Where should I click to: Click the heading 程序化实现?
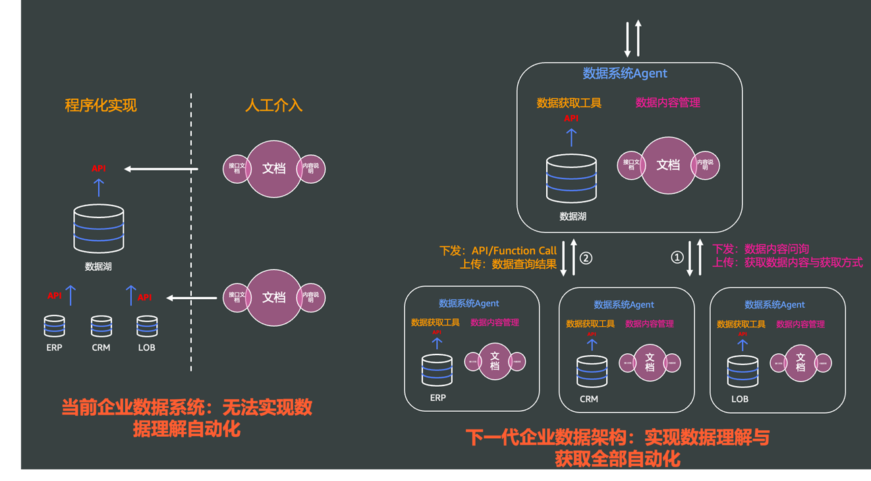pyautogui.click(x=101, y=105)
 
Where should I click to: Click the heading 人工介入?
pyautogui.click(x=273, y=105)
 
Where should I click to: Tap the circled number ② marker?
pyautogui.click(x=585, y=258)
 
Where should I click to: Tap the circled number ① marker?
pyautogui.click(x=677, y=258)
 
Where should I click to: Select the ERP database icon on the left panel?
pyautogui.click(x=54, y=326)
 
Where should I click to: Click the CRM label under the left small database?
pyautogui.click(x=101, y=347)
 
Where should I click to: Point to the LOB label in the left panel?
pyautogui.click(x=146, y=347)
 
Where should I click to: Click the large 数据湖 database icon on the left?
pyautogui.click(x=98, y=229)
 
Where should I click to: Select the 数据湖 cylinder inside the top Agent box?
pyautogui.click(x=571, y=179)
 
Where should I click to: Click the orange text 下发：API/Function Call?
pyautogui.click(x=498, y=250)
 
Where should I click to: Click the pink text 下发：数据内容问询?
pyautogui.click(x=761, y=249)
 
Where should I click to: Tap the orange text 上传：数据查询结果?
pyautogui.click(x=508, y=265)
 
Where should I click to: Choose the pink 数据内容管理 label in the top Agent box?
pyautogui.click(x=667, y=103)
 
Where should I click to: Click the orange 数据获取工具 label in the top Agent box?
pyautogui.click(x=569, y=103)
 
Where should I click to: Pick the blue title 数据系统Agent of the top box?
pyautogui.click(x=625, y=74)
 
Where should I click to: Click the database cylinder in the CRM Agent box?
pyautogui.click(x=592, y=372)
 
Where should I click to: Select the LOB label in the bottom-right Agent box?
pyautogui.click(x=740, y=399)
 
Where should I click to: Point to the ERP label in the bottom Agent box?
pyautogui.click(x=437, y=397)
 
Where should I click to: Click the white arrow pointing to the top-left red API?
pyautogui.click(x=161, y=169)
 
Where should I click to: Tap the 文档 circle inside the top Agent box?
pyautogui.click(x=668, y=165)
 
